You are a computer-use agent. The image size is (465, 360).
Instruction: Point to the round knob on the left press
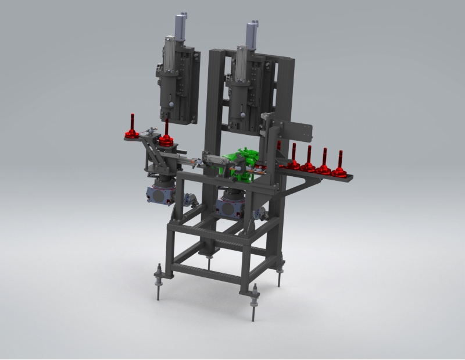(x=171, y=105)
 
